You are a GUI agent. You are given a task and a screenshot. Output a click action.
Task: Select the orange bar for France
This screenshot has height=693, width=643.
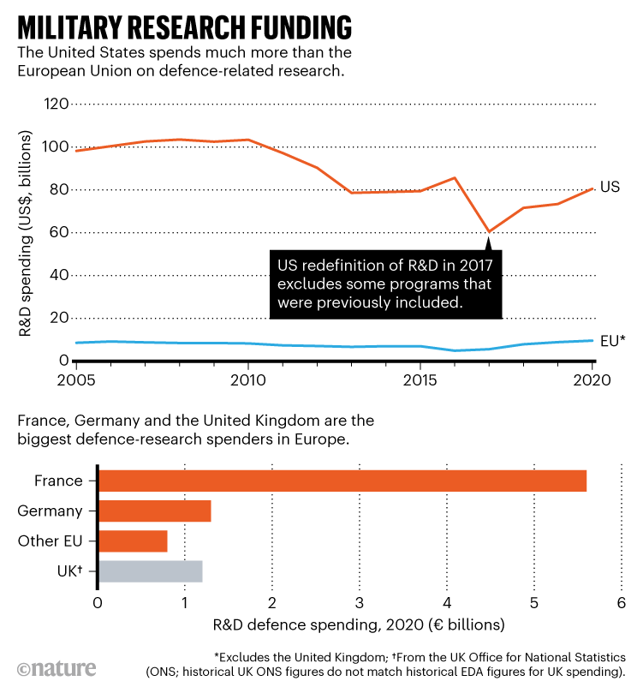tap(342, 481)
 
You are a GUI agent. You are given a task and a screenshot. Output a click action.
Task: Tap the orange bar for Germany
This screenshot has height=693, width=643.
tap(155, 511)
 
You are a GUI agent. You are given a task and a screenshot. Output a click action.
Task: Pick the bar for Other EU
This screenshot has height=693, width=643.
tap(134, 541)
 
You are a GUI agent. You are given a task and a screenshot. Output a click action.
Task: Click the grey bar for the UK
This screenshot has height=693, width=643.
tap(151, 571)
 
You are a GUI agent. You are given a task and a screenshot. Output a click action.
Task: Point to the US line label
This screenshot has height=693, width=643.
tap(610, 187)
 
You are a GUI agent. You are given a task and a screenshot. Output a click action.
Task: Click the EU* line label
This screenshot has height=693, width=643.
tap(613, 340)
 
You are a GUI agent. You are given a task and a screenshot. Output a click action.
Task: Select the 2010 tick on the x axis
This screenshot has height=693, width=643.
tap(247, 379)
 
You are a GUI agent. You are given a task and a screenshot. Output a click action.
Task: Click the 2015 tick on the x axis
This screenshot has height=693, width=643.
tap(420, 379)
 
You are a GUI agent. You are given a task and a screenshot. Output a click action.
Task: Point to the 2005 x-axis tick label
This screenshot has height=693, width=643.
tap(77, 379)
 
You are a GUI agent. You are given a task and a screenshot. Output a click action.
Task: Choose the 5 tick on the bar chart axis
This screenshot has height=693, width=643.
tap(534, 603)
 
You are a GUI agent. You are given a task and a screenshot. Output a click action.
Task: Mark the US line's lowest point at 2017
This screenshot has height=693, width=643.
tap(489, 231)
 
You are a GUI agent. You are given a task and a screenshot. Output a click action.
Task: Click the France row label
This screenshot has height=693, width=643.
tap(60, 481)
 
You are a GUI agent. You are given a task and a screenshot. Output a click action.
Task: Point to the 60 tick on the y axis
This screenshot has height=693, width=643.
tap(57, 232)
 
